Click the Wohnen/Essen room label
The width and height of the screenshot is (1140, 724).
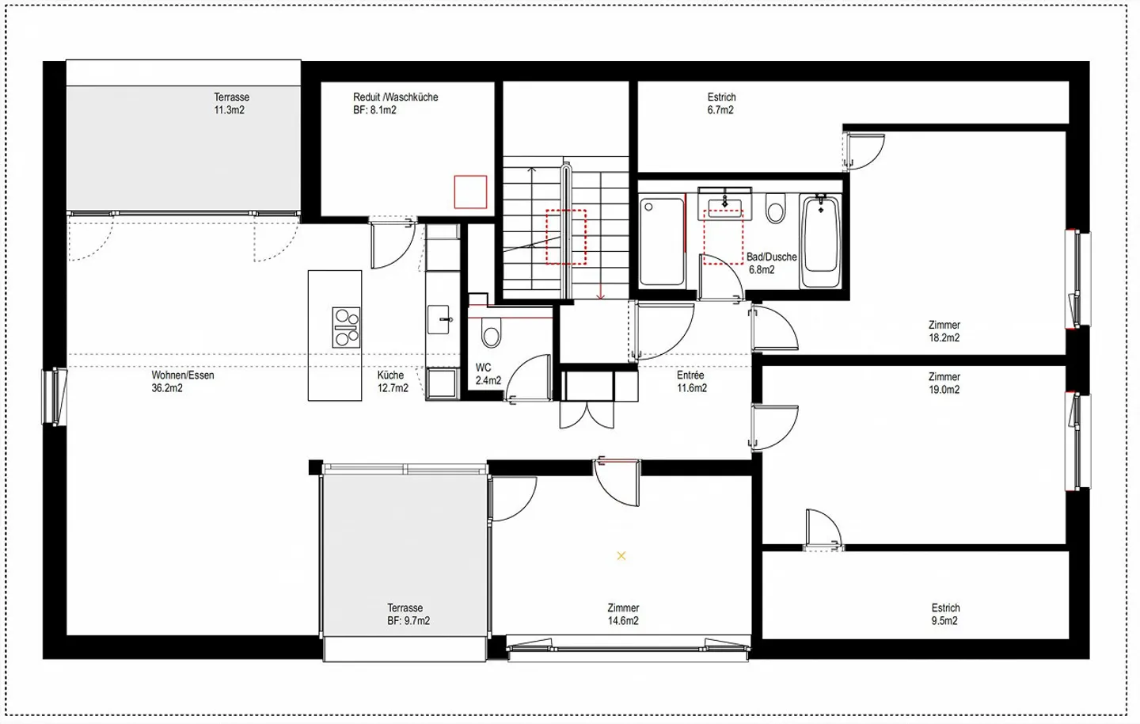click(x=183, y=375)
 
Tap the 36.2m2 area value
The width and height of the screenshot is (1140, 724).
click(x=167, y=388)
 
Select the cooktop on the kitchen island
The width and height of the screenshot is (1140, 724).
click(x=346, y=327)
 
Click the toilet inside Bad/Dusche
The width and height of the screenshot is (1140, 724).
click(x=775, y=211)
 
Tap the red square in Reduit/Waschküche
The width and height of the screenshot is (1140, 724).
click(x=470, y=192)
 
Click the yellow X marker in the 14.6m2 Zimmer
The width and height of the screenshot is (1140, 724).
click(x=621, y=556)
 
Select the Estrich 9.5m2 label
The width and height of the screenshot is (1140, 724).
click(x=945, y=615)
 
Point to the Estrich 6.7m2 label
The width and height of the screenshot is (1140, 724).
click(x=721, y=104)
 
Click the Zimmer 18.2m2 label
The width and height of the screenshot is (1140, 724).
click(x=944, y=331)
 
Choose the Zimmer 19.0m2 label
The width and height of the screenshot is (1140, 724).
click(x=944, y=383)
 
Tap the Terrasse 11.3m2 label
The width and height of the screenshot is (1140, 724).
click(x=230, y=104)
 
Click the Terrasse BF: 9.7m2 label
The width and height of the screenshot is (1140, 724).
click(x=408, y=615)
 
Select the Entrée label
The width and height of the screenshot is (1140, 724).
click(x=690, y=375)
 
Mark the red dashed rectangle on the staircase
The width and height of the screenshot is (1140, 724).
click(x=565, y=236)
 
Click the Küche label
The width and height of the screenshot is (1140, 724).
click(x=390, y=375)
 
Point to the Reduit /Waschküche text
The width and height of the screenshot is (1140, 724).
click(x=395, y=97)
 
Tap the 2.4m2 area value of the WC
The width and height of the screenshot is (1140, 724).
click(x=488, y=381)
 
